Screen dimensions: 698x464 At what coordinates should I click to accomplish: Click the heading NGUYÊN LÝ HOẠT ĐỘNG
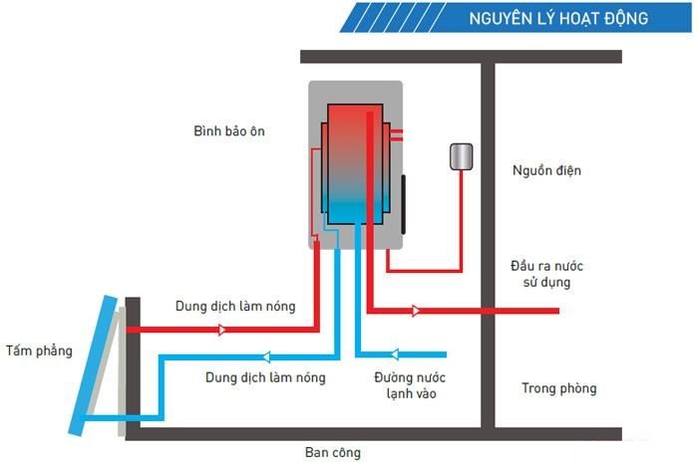(558, 18)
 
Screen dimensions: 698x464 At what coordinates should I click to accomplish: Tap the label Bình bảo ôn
(229, 131)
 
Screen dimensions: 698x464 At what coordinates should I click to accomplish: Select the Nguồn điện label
(546, 170)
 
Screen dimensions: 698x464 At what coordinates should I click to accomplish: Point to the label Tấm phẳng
(39, 351)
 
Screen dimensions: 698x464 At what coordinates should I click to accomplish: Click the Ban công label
(332, 452)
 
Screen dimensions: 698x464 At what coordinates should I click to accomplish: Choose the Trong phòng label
(559, 388)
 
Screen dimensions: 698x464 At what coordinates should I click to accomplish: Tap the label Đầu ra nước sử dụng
(546, 274)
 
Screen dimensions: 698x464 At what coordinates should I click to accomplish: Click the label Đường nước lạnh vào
(410, 385)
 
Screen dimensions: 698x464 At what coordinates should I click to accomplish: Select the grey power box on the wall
(461, 156)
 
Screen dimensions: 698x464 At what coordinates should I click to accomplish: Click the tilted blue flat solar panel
(93, 365)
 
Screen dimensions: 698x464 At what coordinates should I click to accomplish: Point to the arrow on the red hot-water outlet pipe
(416, 311)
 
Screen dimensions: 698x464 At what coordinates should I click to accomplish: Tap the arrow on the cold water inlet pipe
(394, 354)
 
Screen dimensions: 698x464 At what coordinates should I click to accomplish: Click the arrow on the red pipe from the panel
(221, 330)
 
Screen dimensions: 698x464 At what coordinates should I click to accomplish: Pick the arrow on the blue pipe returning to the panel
(266, 356)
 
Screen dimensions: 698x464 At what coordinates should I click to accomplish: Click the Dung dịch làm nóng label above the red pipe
(235, 307)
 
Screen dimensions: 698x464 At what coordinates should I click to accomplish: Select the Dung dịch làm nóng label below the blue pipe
(266, 377)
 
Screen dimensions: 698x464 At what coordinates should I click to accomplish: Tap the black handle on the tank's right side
(403, 204)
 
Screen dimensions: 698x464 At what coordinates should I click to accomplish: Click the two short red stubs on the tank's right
(397, 135)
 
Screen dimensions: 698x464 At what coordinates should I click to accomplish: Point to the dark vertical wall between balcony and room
(489, 244)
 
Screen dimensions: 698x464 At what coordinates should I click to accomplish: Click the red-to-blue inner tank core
(355, 164)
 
